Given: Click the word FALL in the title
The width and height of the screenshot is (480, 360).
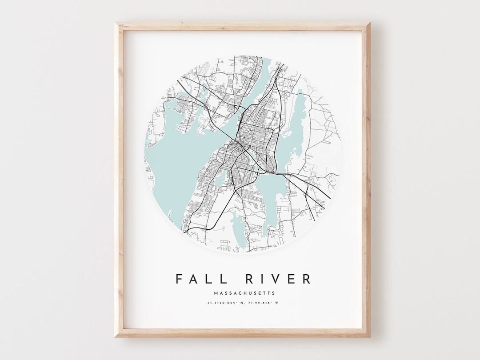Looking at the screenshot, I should tap(199, 279).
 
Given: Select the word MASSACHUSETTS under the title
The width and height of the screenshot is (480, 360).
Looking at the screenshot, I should tap(244, 293).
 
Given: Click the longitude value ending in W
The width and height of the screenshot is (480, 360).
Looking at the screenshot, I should tap(263, 304).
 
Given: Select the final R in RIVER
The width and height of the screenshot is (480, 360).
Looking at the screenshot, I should tap(306, 279).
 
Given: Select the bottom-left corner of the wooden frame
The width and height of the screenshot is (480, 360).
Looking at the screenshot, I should tap(116, 336).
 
